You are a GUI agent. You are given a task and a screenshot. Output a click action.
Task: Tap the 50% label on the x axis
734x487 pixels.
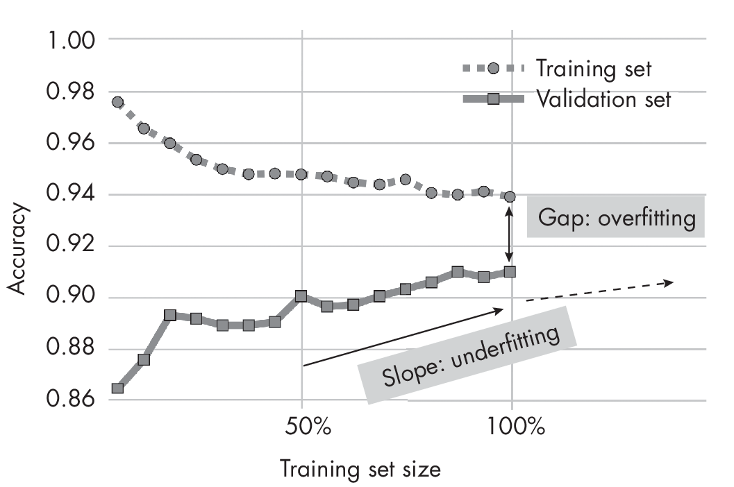pos(302,427)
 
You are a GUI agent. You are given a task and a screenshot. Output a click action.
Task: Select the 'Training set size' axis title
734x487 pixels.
pos(360,469)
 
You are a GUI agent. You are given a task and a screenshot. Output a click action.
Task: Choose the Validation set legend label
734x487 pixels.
pos(603,99)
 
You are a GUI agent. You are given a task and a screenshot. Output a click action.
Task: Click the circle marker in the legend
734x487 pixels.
pos(494,68)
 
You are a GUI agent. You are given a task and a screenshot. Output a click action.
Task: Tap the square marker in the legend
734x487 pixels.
pos(494,99)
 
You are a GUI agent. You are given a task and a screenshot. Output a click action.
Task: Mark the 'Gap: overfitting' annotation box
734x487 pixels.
pos(615,219)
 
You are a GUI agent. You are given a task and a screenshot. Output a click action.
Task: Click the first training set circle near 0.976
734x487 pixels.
pos(117,102)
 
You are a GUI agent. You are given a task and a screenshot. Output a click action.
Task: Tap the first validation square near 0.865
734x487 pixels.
pos(117,388)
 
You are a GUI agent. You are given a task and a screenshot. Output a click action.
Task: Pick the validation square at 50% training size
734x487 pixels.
pos(301,296)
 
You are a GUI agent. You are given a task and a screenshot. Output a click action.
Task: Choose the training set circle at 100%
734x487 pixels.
pos(510,196)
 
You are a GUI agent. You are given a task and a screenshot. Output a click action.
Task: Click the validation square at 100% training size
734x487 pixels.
pos(510,272)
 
